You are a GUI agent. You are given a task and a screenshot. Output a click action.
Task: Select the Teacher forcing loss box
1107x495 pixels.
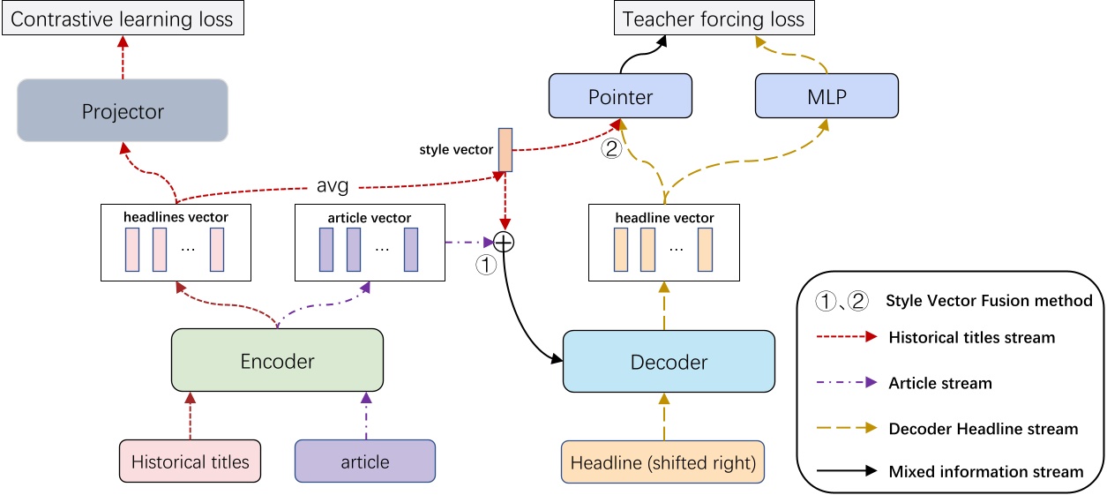(x=714, y=19)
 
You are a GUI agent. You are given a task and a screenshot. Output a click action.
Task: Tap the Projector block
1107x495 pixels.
(x=123, y=111)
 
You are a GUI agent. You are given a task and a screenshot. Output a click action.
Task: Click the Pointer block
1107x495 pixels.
(x=620, y=96)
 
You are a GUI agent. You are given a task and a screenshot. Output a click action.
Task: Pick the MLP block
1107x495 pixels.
(x=827, y=96)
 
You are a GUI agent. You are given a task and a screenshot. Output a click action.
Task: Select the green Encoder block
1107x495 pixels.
(x=277, y=360)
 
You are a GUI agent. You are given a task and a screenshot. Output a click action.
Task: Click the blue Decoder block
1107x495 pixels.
(x=669, y=362)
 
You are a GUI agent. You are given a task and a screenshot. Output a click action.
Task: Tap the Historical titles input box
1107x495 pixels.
(x=190, y=461)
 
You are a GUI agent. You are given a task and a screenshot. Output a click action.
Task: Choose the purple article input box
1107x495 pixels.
(x=365, y=461)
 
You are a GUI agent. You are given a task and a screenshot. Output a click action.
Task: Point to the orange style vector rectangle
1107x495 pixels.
(x=505, y=149)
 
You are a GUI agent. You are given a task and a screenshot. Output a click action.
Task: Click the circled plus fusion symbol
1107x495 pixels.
(x=504, y=241)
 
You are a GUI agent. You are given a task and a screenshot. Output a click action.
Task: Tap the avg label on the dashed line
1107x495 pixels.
(x=333, y=187)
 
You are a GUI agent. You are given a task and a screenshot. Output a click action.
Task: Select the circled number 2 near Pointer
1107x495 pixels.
(x=611, y=150)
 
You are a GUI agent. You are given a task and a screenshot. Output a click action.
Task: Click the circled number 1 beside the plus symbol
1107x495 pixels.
(x=486, y=263)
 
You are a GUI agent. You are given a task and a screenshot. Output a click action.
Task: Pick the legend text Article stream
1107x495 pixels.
(x=940, y=383)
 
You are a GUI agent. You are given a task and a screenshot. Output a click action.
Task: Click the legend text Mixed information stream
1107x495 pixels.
(x=985, y=471)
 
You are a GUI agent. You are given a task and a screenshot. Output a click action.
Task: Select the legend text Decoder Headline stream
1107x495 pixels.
(x=983, y=429)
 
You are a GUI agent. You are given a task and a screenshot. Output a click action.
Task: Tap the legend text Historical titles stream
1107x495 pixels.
(x=971, y=337)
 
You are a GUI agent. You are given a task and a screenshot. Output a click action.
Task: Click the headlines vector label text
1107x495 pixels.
(x=176, y=217)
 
